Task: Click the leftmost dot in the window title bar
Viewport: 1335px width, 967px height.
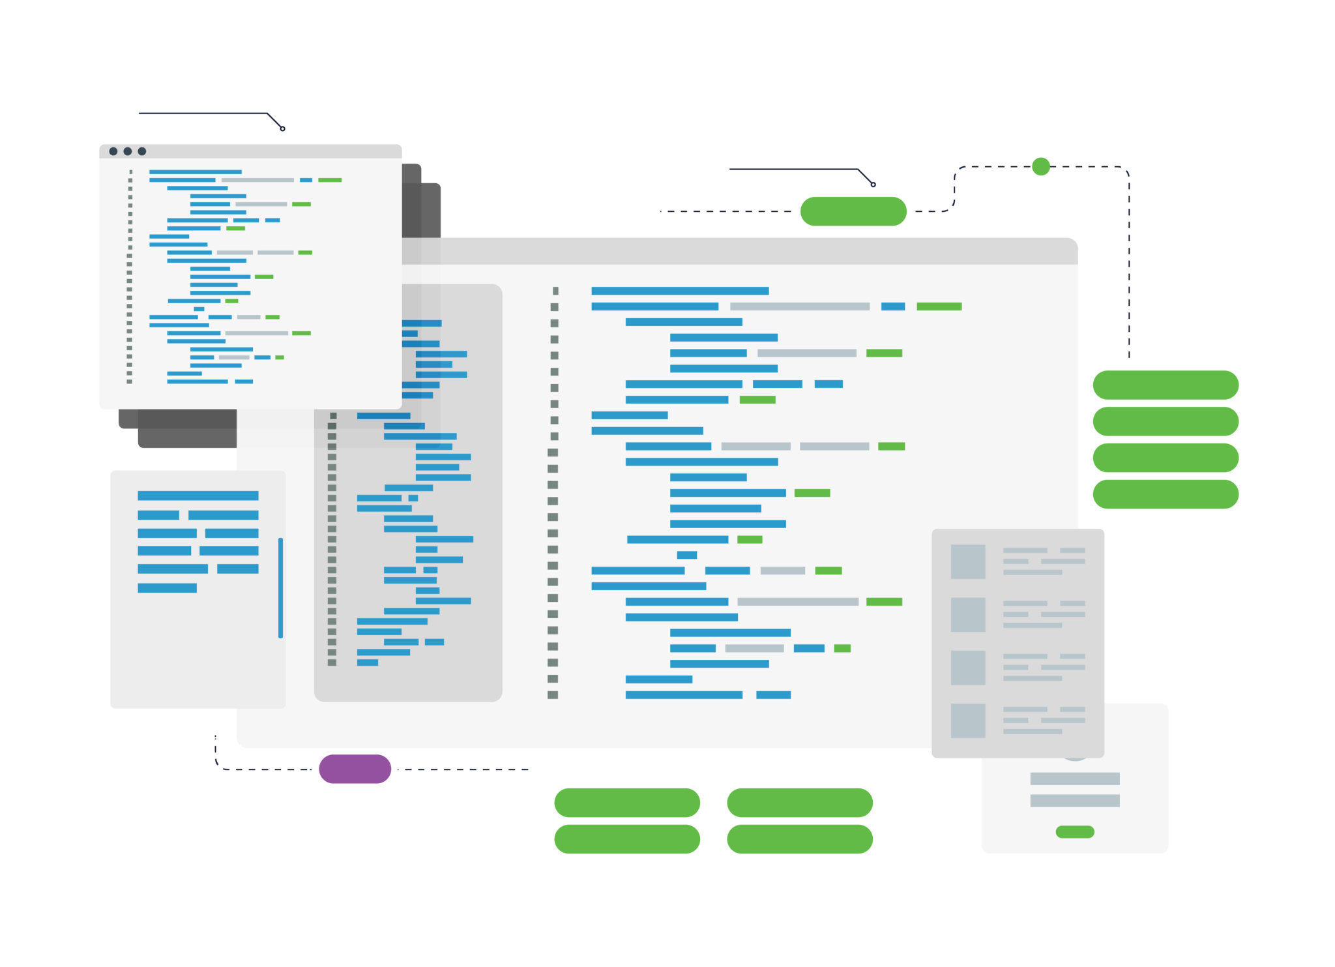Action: (113, 151)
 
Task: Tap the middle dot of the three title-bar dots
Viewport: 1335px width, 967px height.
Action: (128, 151)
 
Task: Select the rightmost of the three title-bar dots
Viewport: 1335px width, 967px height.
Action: (142, 151)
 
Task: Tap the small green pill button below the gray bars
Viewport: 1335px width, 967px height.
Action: (1075, 831)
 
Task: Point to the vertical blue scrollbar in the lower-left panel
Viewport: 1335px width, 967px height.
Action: (280, 588)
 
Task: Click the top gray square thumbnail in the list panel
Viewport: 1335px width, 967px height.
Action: (968, 561)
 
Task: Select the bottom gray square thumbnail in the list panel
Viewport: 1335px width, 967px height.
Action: (968, 721)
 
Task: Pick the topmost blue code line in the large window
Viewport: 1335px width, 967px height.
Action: (680, 291)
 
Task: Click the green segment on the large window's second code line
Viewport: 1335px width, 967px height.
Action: (939, 306)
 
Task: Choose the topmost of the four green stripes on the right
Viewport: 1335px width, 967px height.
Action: (1207, 385)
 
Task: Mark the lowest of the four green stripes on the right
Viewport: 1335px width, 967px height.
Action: (1207, 494)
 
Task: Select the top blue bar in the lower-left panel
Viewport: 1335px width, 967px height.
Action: (198, 496)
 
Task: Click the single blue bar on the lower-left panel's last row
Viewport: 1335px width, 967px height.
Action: (167, 588)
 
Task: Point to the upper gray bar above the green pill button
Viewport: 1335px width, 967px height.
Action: (1075, 779)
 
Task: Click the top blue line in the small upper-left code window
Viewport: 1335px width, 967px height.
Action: (196, 172)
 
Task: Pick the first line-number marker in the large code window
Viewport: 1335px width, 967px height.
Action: (555, 291)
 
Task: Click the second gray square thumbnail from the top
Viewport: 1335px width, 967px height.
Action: (968, 614)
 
